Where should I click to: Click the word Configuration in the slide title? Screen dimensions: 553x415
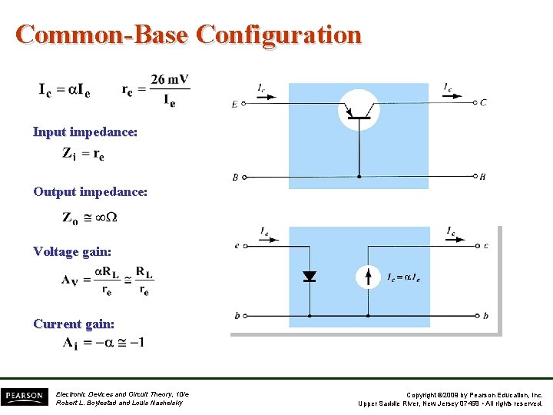click(x=279, y=35)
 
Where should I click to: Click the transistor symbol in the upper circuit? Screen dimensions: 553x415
click(x=359, y=110)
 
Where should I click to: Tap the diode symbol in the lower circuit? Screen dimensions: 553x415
click(x=310, y=276)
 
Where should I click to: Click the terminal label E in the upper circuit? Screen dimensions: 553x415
click(x=234, y=105)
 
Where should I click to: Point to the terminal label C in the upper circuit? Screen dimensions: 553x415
click(x=482, y=102)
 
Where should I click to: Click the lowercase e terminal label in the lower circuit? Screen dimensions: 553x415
click(x=237, y=246)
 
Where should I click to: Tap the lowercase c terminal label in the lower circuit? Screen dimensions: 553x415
click(x=485, y=246)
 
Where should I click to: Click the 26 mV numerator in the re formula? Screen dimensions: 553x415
click(x=170, y=79)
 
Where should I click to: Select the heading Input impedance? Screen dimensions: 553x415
click(x=85, y=132)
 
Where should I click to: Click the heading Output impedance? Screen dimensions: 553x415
click(x=90, y=191)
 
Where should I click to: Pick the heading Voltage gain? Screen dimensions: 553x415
click(x=72, y=251)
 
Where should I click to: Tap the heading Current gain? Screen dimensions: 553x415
click(x=74, y=324)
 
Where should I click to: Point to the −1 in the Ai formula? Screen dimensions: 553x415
click(x=136, y=342)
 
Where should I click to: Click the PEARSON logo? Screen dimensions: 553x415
click(x=25, y=396)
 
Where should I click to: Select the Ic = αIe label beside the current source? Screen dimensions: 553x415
click(x=403, y=277)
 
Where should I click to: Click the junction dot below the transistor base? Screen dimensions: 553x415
click(x=359, y=177)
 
